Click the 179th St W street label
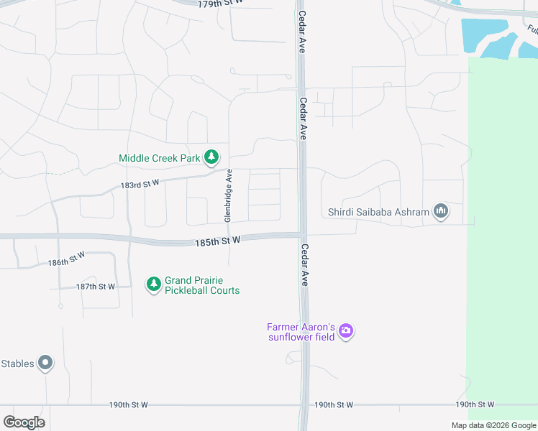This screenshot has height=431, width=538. (221, 4)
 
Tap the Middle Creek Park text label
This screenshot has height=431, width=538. (160, 158)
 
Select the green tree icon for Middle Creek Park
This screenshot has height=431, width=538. (211, 157)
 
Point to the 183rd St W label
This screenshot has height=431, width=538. (140, 185)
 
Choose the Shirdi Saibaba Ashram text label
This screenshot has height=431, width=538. (378, 212)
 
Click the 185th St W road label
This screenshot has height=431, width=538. (216, 243)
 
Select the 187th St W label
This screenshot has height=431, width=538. (96, 287)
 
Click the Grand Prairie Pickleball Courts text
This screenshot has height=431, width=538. (202, 285)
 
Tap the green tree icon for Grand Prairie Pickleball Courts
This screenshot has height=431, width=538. (153, 285)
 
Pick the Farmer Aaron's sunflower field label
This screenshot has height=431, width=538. (301, 332)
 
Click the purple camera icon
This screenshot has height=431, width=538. (346, 331)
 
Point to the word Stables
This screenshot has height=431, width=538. (17, 363)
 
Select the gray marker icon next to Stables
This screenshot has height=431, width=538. (45, 363)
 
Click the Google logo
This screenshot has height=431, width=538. (24, 422)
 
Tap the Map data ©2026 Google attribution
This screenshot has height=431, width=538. (493, 425)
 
